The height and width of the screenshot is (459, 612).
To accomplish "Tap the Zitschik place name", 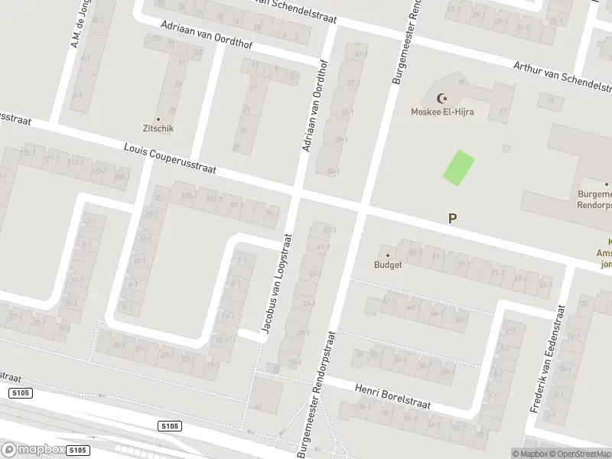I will [x=158, y=129].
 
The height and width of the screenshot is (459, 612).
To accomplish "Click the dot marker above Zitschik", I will [x=158, y=119].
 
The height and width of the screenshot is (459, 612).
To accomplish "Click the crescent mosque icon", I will [x=441, y=98].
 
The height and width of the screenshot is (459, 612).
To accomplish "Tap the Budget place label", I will [x=387, y=265].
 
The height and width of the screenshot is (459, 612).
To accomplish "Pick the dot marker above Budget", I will [x=387, y=256].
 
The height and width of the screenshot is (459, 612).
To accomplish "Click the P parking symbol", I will [x=452, y=219].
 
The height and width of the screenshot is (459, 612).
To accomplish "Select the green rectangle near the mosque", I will [x=458, y=168].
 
